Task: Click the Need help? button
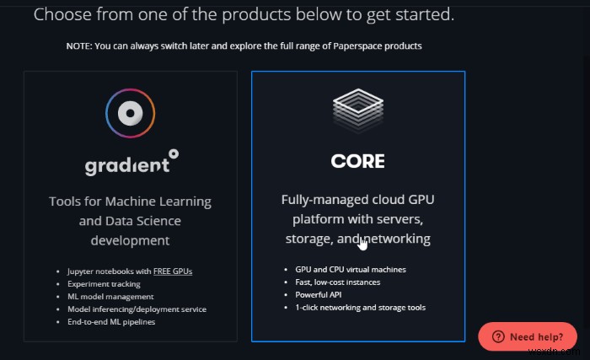[527, 336]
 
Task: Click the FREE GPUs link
[173, 271]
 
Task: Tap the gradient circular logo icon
[130, 113]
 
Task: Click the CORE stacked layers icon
[358, 110]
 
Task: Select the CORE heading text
[358, 161]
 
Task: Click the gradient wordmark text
[131, 163]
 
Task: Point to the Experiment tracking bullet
[104, 284]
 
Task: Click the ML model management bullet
[110, 297]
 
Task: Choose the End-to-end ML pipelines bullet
[111, 322]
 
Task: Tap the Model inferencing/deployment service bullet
[137, 309]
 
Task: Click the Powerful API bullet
[319, 295]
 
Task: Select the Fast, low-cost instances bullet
[337, 282]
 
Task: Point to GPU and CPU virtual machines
[351, 270]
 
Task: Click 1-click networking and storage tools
[360, 307]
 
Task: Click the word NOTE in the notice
[78, 46]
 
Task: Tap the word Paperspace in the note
[356, 46]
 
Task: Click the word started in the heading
[425, 14]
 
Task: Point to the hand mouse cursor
[362, 243]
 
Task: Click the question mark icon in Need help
[498, 336]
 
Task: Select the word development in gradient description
[130, 240]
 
